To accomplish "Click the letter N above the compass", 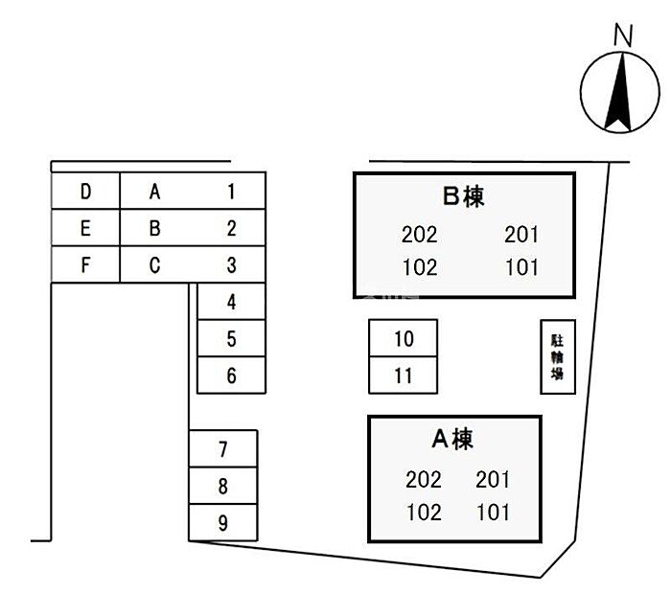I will [x=623, y=35].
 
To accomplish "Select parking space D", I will [x=85, y=192].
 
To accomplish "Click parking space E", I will [x=85, y=229].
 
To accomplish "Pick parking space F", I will [x=85, y=265].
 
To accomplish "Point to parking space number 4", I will [x=231, y=303].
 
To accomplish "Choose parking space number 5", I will [x=231, y=339].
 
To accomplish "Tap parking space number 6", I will [x=231, y=376].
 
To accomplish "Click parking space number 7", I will [x=223, y=449].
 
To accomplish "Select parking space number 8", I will [x=223, y=487].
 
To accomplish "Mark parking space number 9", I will [x=223, y=523].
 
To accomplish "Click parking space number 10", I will [x=404, y=338].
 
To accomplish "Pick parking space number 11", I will [x=404, y=376].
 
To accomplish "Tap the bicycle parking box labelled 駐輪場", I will [x=557, y=356].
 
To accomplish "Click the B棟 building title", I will [x=464, y=196].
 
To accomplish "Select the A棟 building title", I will [x=452, y=439].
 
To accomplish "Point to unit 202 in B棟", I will [x=420, y=235].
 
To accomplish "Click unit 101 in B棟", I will [x=521, y=267].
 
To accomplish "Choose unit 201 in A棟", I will [x=493, y=479].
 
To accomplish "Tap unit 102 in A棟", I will [x=424, y=513].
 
